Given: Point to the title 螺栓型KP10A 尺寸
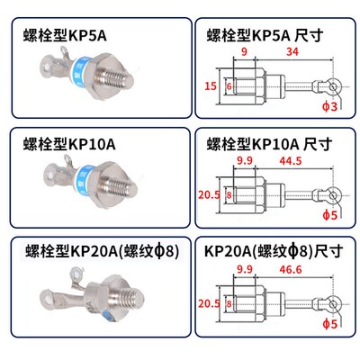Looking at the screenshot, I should pos(268,145).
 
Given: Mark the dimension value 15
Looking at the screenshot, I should pos(209,85).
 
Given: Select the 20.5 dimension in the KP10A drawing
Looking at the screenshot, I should pos(208,194).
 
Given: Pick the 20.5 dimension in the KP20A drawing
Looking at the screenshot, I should pos(208,303).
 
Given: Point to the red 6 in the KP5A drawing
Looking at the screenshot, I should pos(229,86).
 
